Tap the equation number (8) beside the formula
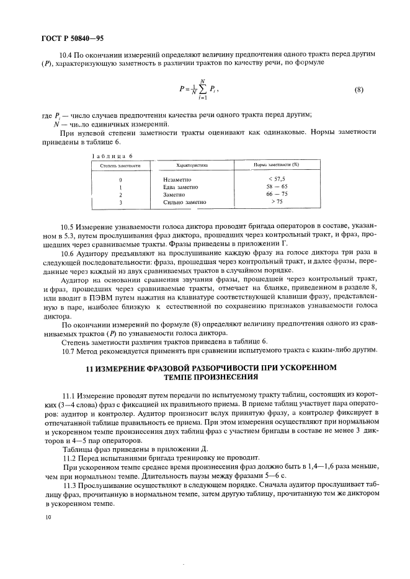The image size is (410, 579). click(x=358, y=89)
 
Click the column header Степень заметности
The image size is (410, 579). click(x=122, y=166)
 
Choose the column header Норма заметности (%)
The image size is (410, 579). click(x=277, y=166)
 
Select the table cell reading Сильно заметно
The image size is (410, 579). click(x=184, y=202)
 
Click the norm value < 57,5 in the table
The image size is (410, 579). click(x=276, y=179)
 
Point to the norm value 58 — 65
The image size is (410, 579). click(x=276, y=187)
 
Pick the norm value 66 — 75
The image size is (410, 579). click(x=276, y=194)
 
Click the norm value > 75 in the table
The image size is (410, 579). click(x=276, y=201)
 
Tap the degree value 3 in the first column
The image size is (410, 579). click(x=120, y=202)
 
